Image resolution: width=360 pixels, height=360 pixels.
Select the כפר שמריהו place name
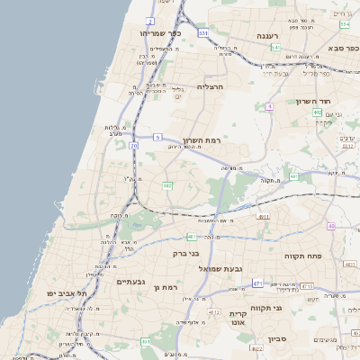click(x=161, y=32)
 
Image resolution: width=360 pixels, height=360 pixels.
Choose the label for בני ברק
click(x=185, y=253)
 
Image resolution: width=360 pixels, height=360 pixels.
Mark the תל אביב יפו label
click(x=67, y=293)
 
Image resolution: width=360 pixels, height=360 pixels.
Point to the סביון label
click(x=276, y=339)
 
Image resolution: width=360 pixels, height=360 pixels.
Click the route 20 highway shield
click(x=134, y=144)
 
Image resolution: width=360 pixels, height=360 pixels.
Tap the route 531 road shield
click(x=204, y=33)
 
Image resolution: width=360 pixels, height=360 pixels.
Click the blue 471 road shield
click(x=257, y=283)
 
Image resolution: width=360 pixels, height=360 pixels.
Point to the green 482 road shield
click(x=167, y=185)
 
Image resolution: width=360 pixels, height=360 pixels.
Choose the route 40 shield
click(x=331, y=226)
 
